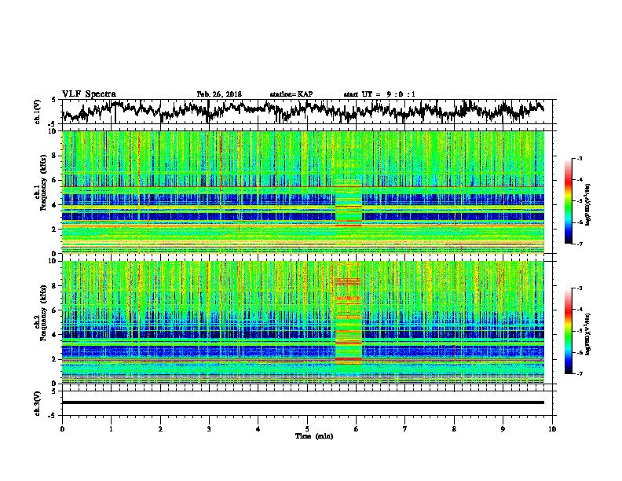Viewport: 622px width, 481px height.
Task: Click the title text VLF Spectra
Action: click(89, 94)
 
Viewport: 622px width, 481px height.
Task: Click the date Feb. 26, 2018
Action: click(219, 94)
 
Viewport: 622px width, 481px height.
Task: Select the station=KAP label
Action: click(291, 94)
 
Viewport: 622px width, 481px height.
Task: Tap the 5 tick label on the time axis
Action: click(307, 428)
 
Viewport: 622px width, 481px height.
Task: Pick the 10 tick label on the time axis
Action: click(552, 428)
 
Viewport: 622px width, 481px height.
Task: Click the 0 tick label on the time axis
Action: click(62, 428)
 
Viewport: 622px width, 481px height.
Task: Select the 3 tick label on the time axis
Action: click(209, 428)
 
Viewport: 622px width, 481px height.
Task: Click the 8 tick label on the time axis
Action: click(454, 428)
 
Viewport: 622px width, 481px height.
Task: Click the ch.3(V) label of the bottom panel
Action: click(39, 402)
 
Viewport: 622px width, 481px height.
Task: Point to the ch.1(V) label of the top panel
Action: click(39, 112)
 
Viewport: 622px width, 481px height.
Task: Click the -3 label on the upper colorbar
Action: click(579, 159)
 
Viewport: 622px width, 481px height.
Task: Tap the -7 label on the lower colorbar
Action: click(579, 374)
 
